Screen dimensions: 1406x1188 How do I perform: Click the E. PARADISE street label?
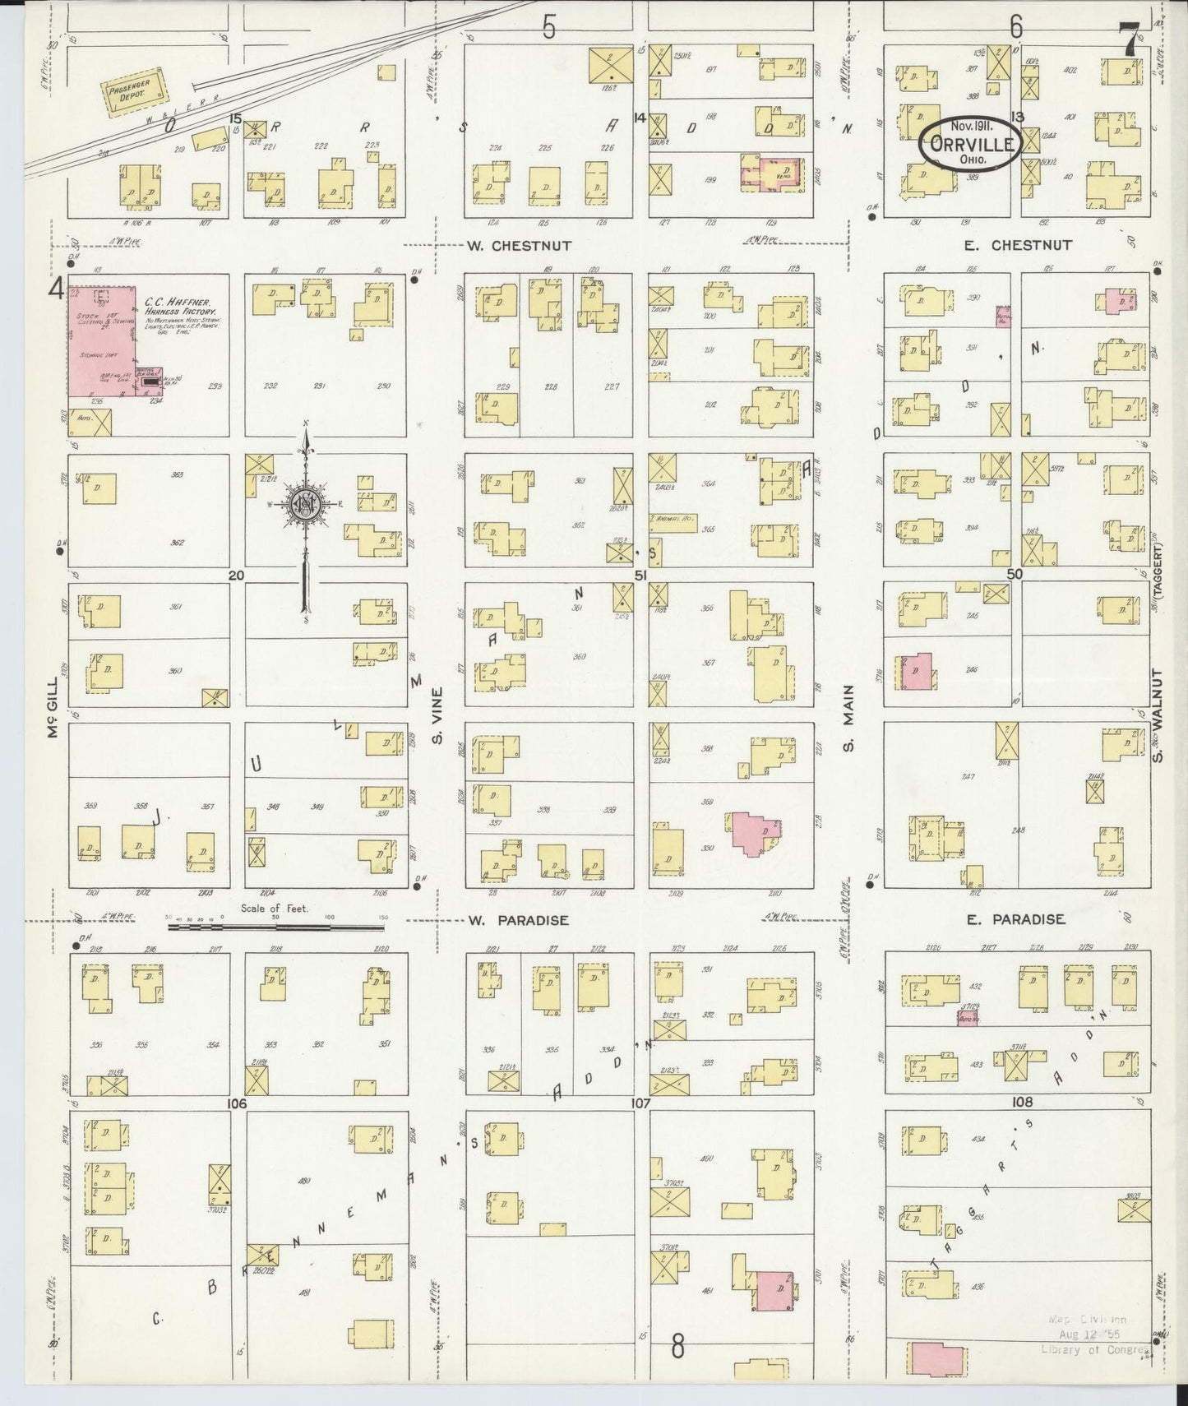1015,919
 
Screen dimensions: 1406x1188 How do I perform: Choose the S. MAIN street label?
848,719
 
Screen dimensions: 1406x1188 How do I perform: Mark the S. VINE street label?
437,715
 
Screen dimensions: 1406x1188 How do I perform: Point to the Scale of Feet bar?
275,927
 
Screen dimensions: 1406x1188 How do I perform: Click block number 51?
640,576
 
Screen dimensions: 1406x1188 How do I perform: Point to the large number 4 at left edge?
56,289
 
